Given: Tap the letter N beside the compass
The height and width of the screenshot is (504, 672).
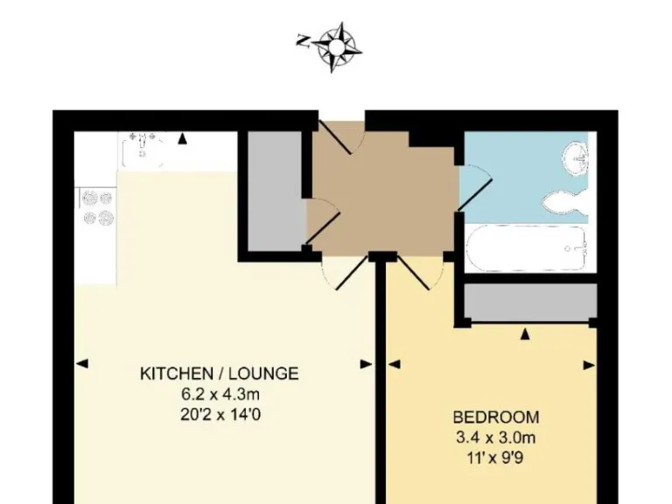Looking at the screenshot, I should [303, 40].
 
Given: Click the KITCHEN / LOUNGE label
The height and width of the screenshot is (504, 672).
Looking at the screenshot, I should [219, 374].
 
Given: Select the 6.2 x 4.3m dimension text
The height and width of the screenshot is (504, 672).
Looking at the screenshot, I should [219, 394].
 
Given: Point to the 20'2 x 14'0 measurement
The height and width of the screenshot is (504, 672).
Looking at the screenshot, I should [219, 413].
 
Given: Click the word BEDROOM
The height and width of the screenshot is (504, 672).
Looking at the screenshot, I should [495, 417].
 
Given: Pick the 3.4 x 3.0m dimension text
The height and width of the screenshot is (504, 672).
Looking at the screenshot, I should [495, 437].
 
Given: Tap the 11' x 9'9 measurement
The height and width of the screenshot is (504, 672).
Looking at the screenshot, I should [495, 456].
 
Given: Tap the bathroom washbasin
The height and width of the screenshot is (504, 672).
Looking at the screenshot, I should [577, 157].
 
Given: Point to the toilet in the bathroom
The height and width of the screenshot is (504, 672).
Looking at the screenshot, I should [564, 202].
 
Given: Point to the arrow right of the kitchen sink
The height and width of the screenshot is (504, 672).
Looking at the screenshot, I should [182, 138].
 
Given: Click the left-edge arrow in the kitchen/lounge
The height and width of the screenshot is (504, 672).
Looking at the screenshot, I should [80, 364].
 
